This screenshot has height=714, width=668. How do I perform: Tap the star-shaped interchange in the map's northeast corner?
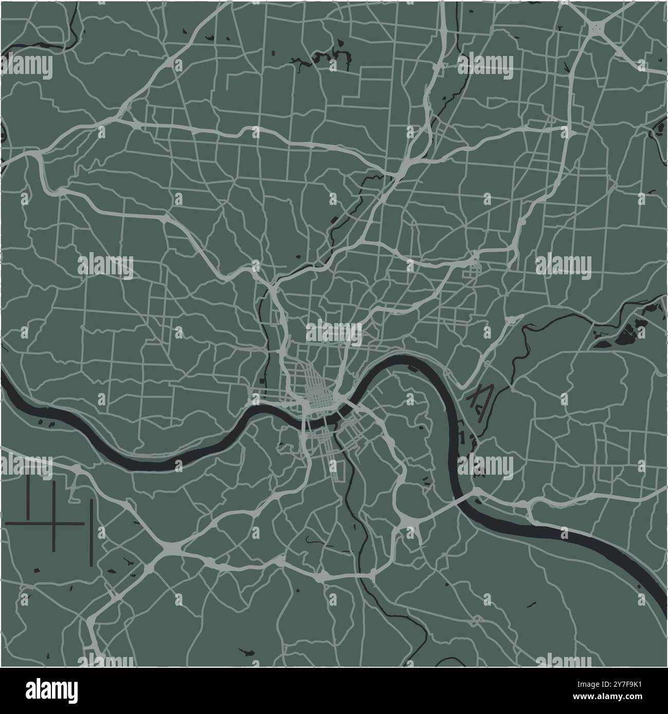click(597, 27)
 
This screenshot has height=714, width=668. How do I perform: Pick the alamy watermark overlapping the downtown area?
click(334, 331)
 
